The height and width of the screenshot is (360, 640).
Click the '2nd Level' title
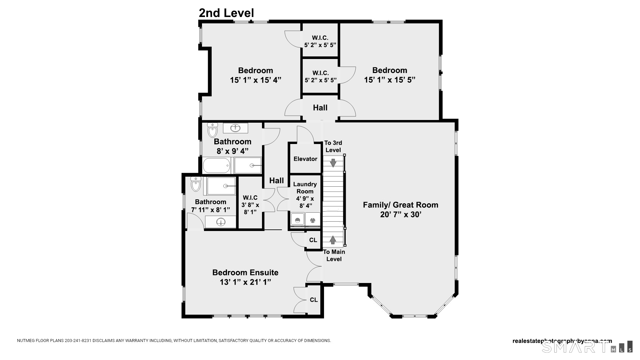pyautogui.click(x=226, y=13)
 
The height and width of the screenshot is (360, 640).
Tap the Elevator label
pyautogui.click(x=305, y=159)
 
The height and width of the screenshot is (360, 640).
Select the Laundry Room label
pyautogui.click(x=305, y=188)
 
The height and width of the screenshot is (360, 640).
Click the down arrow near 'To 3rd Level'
pyautogui.click(x=333, y=163)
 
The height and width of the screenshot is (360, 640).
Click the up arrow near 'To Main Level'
pyautogui.click(x=333, y=240)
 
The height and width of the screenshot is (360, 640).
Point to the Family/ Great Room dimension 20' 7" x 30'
pyautogui.click(x=401, y=214)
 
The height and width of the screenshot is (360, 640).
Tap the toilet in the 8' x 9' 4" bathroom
pyautogui.click(x=212, y=130)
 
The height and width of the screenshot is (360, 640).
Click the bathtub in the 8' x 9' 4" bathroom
pyautogui.click(x=217, y=166)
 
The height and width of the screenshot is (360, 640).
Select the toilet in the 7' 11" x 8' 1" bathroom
pyautogui.click(x=196, y=184)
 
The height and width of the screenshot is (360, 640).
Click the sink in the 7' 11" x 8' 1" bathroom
pyautogui.click(x=221, y=222)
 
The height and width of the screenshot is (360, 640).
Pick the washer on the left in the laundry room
pyautogui.click(x=297, y=220)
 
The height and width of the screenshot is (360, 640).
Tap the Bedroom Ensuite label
pyautogui.click(x=245, y=272)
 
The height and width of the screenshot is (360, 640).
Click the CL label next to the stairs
pyautogui.click(x=313, y=240)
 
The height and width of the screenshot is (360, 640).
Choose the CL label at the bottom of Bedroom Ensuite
pyautogui.click(x=314, y=300)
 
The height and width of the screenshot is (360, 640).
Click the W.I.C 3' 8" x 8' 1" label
pyautogui.click(x=250, y=205)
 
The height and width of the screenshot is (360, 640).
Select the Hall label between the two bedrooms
pyautogui.click(x=320, y=108)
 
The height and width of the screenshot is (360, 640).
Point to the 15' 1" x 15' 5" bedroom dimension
pyautogui.click(x=390, y=80)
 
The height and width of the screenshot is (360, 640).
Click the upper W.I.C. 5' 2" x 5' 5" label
pyautogui.click(x=320, y=41)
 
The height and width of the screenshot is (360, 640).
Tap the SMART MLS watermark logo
pyautogui.click(x=587, y=347)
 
